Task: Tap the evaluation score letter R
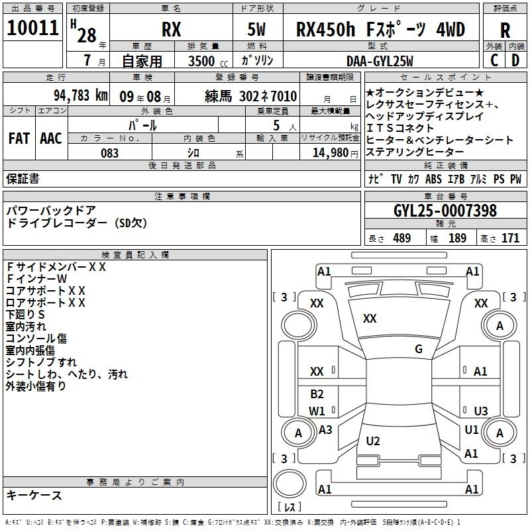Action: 505,30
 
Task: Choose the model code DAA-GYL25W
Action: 380,61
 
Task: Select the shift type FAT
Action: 19,138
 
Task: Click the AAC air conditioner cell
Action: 50,138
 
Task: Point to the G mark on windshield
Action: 419,349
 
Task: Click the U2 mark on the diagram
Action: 373,441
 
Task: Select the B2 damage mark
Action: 317,394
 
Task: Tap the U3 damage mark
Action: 480,411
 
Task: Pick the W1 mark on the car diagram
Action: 317,411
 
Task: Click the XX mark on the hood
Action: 370,319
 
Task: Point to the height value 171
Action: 510,238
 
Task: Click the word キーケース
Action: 34,495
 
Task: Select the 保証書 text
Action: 23,178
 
